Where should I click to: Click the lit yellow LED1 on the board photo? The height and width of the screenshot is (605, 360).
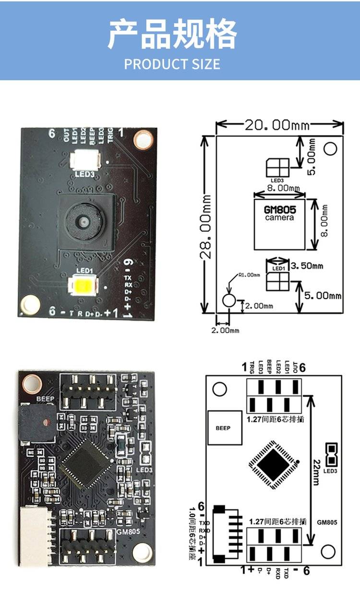pos(84,287)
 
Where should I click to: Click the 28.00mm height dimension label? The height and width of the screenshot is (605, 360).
pos(207,226)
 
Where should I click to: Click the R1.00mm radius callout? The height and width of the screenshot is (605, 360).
pos(249,275)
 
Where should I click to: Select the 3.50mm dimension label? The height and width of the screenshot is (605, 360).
pos(308,266)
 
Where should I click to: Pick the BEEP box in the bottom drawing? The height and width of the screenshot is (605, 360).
pos(223,428)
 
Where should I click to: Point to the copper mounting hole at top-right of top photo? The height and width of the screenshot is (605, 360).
pos(143,140)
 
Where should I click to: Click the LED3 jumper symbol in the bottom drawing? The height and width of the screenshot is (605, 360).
pos(330,454)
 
